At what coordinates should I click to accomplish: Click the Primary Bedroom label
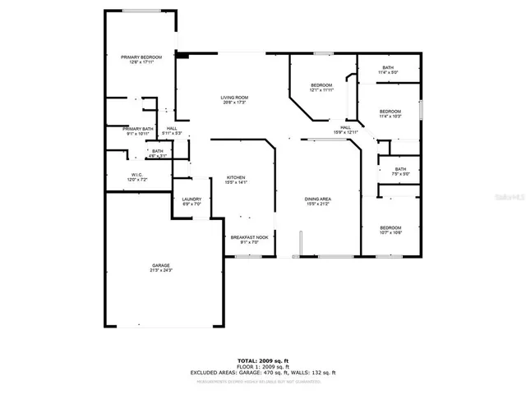[x=141, y=57]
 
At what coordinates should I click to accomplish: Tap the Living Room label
[x=234, y=98]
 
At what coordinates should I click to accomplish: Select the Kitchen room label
[x=236, y=177]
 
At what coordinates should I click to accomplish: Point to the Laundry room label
[x=191, y=199]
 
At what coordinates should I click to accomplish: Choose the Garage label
[x=160, y=265]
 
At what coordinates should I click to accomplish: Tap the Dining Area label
[x=317, y=199]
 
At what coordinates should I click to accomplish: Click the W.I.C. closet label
[x=137, y=174]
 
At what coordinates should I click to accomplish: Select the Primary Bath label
[x=138, y=129]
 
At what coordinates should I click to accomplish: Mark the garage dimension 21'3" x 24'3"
[x=160, y=270]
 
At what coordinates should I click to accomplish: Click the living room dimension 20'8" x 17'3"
[x=234, y=103]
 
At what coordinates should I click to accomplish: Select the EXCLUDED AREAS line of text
[x=264, y=373]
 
